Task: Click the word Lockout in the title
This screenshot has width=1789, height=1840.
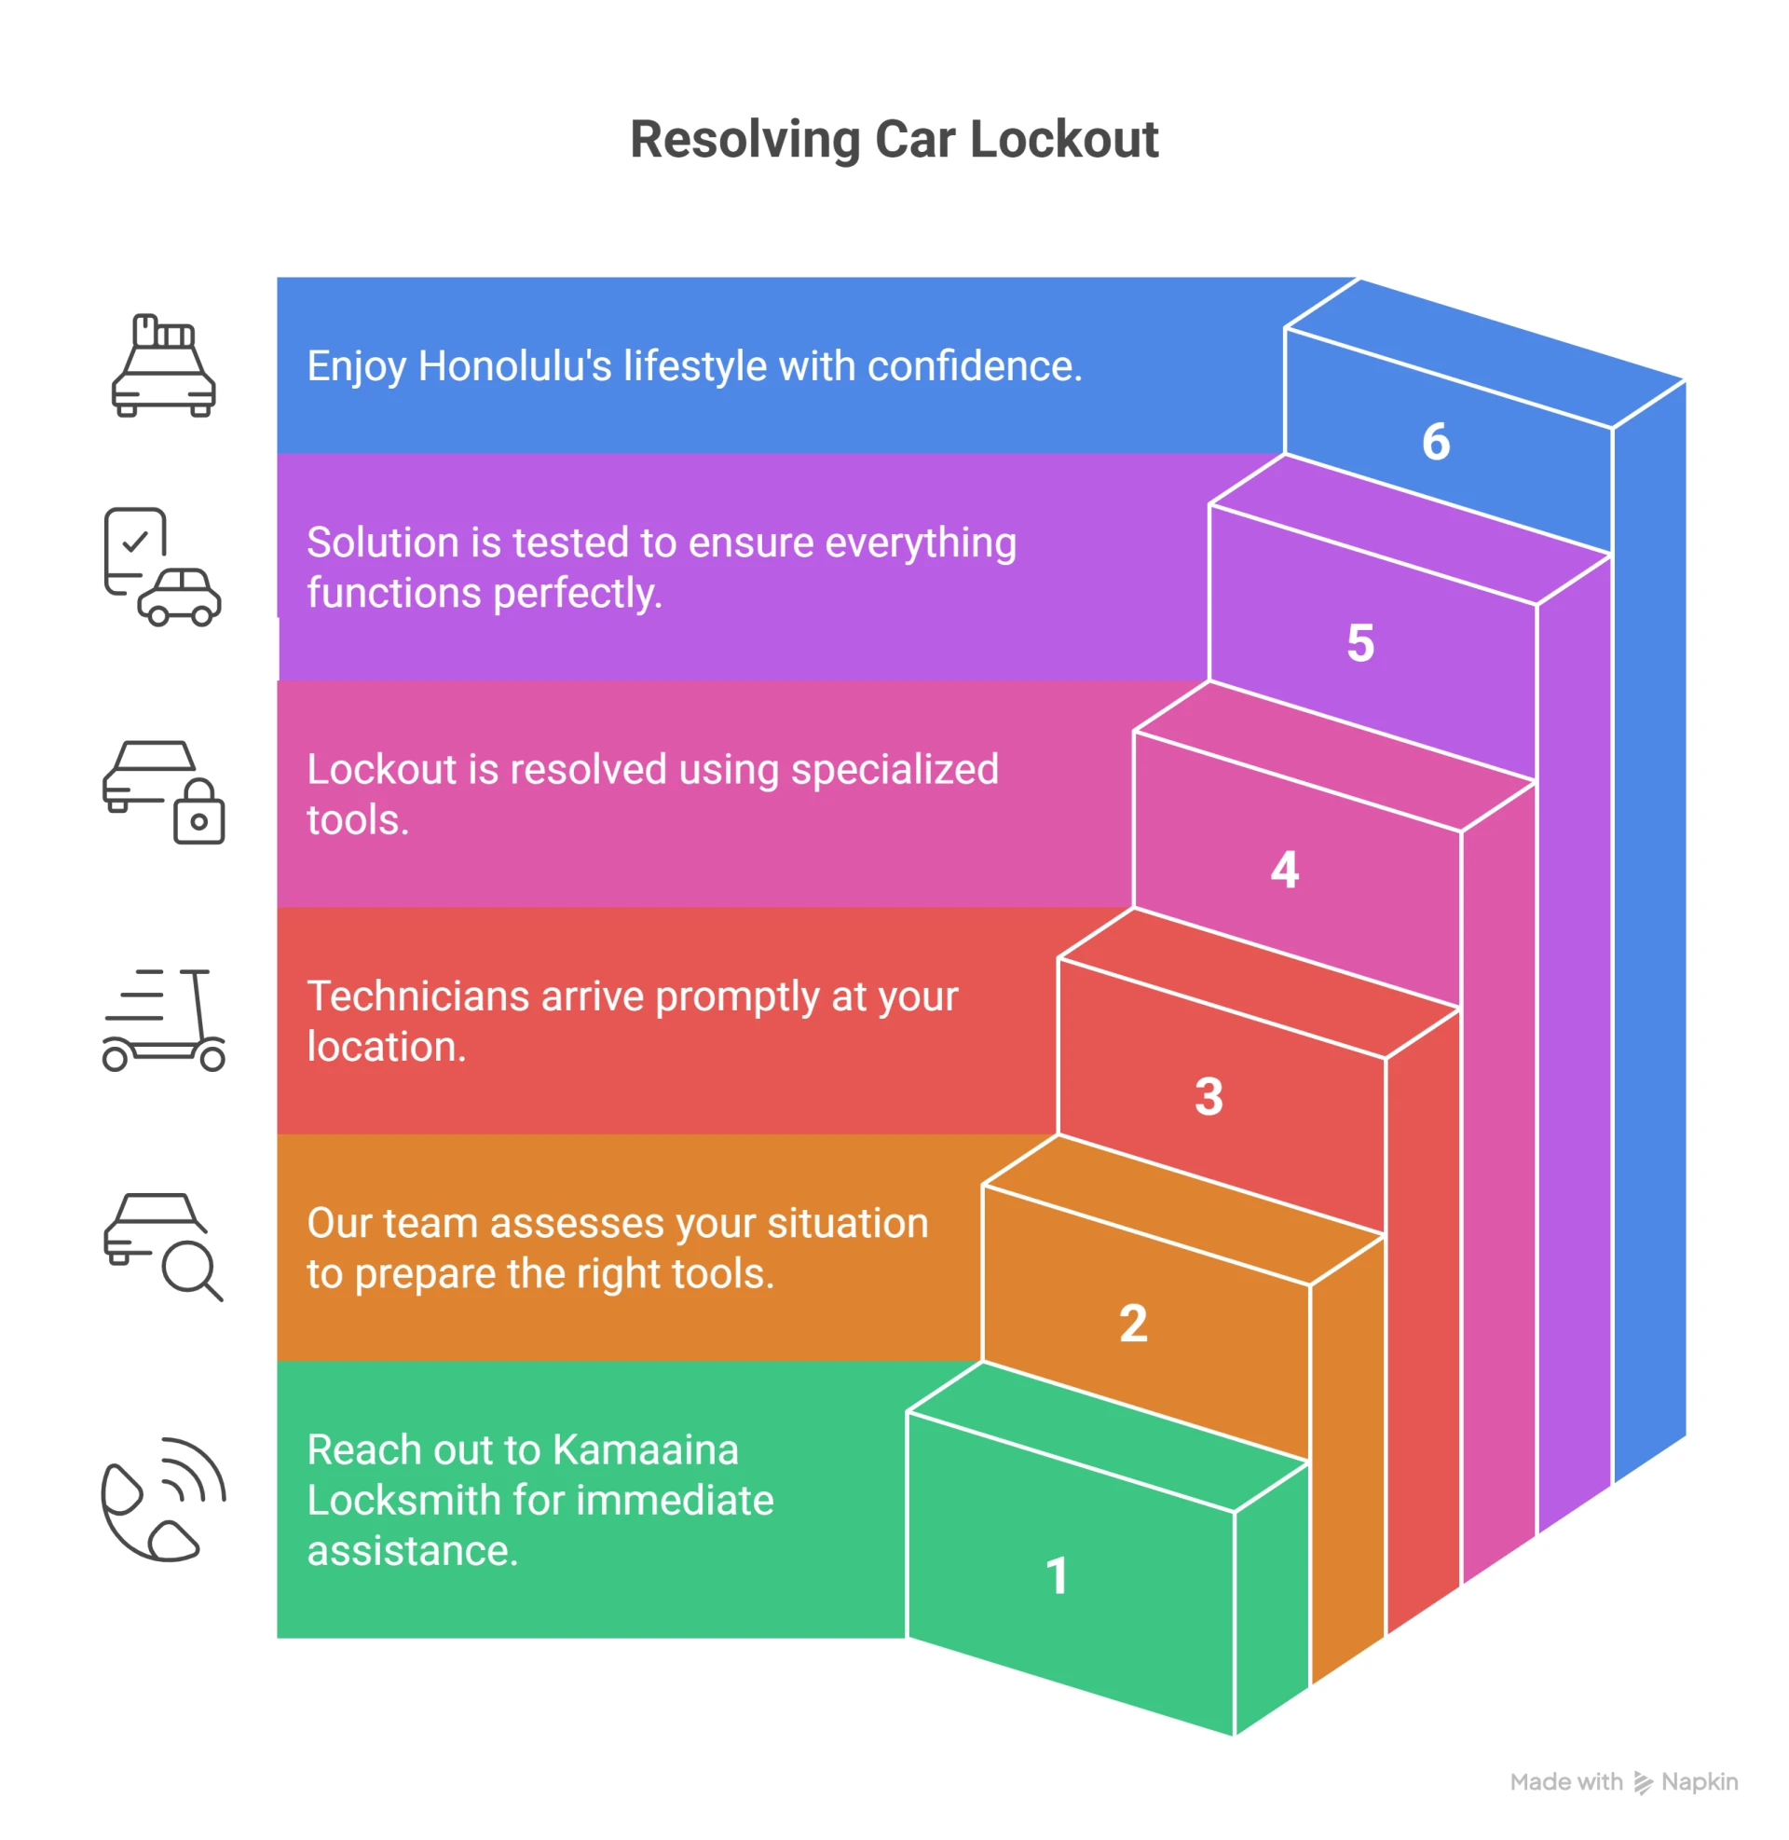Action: point(1064,140)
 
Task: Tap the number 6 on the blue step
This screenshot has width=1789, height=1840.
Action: point(1436,442)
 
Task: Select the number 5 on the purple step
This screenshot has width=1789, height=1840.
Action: point(1359,644)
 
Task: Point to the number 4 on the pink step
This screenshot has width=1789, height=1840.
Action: point(1284,871)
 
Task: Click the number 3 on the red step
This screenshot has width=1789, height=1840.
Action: point(1209,1097)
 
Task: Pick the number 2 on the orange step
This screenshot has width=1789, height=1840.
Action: point(1133,1324)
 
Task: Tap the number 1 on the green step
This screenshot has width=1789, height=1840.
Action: point(1057,1576)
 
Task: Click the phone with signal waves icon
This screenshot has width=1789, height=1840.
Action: point(162,1499)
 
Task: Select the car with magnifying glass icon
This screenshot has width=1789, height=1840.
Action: point(162,1246)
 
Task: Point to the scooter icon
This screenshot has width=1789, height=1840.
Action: point(162,1020)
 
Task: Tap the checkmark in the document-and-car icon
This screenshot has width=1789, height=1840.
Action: point(136,542)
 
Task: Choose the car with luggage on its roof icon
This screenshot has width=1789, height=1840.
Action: point(162,366)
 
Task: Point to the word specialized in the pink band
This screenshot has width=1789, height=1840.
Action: point(894,770)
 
